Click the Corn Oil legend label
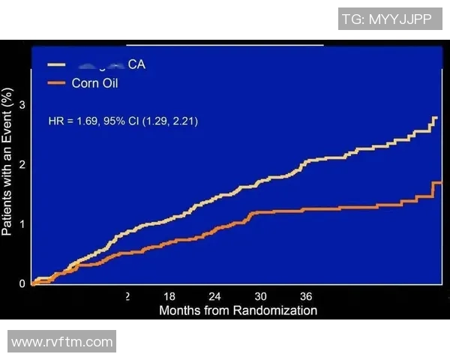(x=94, y=83)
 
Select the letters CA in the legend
(x=136, y=65)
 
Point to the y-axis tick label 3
(x=22, y=105)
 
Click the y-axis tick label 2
(x=22, y=164)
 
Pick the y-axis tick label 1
(x=22, y=223)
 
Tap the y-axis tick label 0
(x=22, y=283)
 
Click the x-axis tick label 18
(x=169, y=296)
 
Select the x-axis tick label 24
(x=215, y=296)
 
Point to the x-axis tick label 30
(x=261, y=296)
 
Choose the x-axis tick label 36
(x=306, y=296)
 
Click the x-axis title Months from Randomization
(x=238, y=310)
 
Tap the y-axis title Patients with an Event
(x=7, y=161)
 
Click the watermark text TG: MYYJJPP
(x=386, y=19)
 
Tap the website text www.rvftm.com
(x=62, y=342)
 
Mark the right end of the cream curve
(x=436, y=118)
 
